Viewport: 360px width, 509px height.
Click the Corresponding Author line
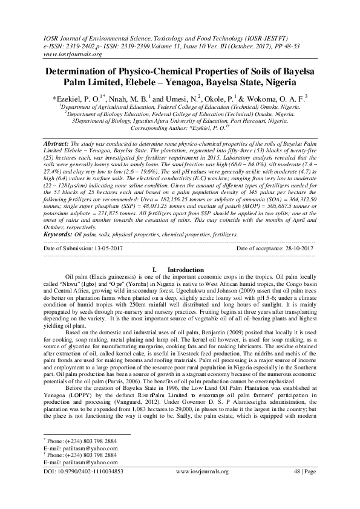(180, 128)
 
